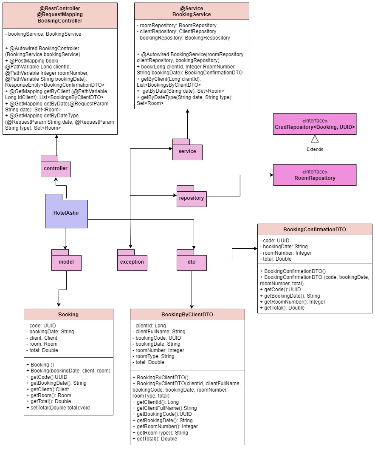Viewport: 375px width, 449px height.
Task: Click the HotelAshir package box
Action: tap(66, 213)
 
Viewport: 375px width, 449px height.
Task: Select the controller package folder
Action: tap(56, 168)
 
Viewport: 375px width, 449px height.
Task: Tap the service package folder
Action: tap(187, 151)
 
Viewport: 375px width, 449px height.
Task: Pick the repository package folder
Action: tap(192, 198)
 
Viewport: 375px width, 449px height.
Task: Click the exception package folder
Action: tap(132, 262)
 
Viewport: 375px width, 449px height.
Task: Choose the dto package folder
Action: tap(192, 262)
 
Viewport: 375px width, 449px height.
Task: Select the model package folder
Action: tap(66, 262)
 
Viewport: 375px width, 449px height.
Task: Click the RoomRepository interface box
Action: tap(315, 175)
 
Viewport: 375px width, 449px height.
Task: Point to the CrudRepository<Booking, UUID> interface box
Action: tap(315, 124)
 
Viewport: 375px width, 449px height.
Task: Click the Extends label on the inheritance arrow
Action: tap(315, 149)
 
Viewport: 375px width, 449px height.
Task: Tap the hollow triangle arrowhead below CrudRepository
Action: tap(315, 139)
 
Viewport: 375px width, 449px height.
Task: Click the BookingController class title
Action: tap(60, 20)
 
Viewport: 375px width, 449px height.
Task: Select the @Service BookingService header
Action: tap(192, 11)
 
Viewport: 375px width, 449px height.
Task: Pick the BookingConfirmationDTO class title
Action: tap(315, 230)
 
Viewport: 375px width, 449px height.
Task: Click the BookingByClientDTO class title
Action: tap(187, 315)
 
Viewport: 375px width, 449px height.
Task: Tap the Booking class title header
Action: tap(68, 315)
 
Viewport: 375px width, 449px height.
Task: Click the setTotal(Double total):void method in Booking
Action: tap(58, 408)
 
